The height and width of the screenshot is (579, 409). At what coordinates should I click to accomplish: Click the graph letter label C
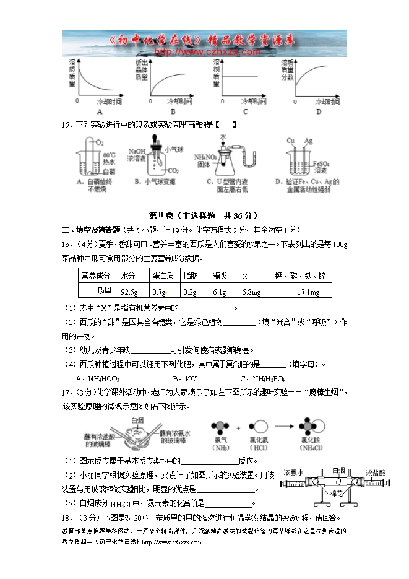tap(245, 111)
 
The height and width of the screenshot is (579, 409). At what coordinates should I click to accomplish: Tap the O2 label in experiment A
tap(99, 143)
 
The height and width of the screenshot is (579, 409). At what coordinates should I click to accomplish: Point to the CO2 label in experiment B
tap(174, 170)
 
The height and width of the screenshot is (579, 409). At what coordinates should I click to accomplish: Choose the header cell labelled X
tap(245, 276)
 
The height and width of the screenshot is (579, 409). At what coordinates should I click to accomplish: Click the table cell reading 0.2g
tap(190, 292)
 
